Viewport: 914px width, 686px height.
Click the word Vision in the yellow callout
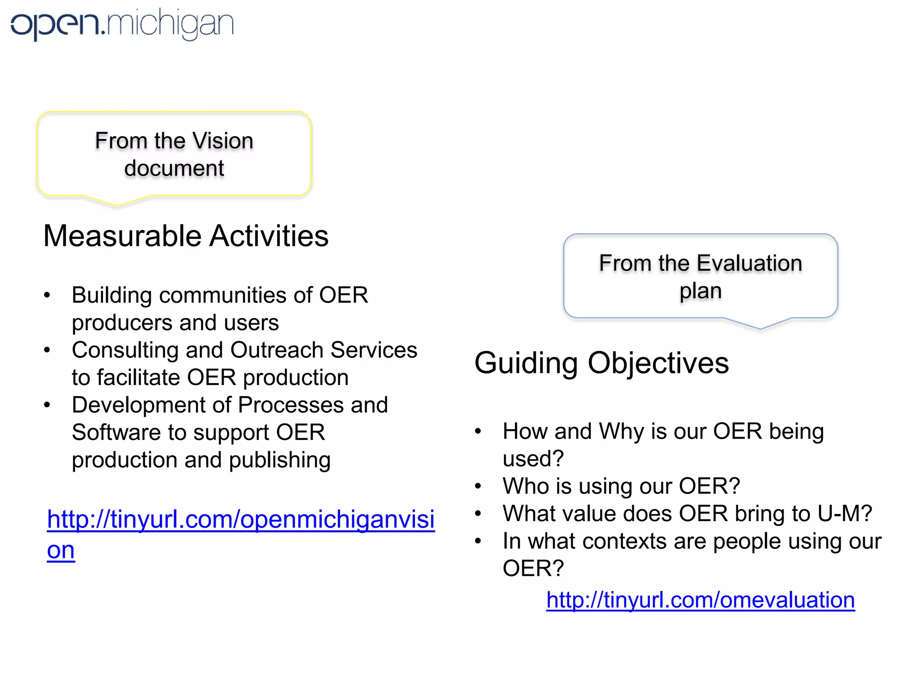[x=223, y=141]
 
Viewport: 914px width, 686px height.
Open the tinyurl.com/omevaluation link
[x=700, y=600]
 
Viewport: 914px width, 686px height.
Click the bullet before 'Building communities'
[x=47, y=295]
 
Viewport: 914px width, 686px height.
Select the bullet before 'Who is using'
[x=478, y=486]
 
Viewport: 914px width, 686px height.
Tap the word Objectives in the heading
[x=658, y=363]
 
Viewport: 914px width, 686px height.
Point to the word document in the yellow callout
[x=174, y=168]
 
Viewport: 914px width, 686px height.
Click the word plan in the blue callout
[x=700, y=291]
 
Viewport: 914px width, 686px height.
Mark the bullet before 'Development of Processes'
[x=47, y=405]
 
